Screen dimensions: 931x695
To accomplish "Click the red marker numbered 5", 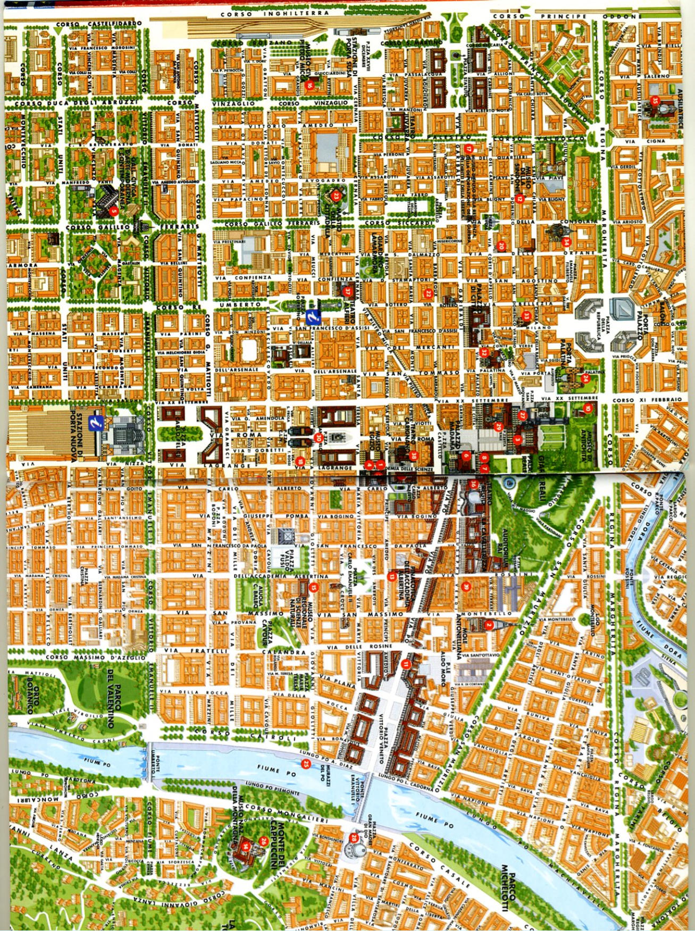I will (x=112, y=211).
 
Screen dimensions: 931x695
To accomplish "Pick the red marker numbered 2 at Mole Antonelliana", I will (x=489, y=625).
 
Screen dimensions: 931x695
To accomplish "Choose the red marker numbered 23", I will (x=337, y=196).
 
